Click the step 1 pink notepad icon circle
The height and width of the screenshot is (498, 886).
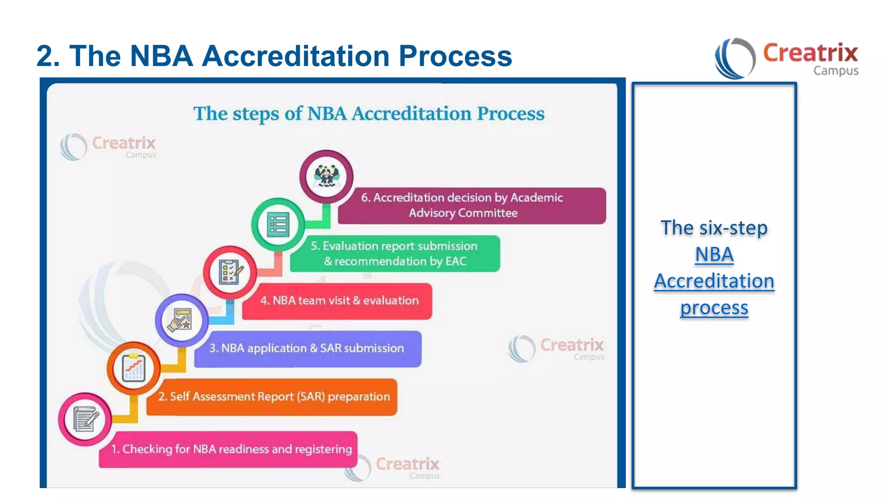coord(85,419)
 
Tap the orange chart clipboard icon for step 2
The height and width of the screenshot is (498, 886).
coord(134,368)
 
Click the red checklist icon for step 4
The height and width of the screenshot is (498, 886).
coord(230,273)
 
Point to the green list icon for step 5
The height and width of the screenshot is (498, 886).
coord(278,225)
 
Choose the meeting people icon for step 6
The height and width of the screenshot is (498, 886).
coord(327,176)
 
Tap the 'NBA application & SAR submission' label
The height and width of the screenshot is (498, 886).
coord(307,348)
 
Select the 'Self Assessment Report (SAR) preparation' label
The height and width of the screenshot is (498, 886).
coord(273,397)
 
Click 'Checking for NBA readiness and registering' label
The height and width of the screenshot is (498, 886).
coord(231,449)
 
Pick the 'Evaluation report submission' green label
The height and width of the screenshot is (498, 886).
coord(394,246)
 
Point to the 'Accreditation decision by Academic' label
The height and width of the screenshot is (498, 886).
coord(462,198)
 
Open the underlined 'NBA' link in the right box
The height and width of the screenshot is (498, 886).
coord(714,254)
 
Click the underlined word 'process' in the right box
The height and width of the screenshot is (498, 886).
coord(714,307)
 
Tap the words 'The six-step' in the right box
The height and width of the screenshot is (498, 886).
coord(714,228)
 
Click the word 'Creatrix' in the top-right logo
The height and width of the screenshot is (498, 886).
coord(810,53)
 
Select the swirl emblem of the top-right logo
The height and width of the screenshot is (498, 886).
coord(735,58)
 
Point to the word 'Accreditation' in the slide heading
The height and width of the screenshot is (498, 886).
coord(296,56)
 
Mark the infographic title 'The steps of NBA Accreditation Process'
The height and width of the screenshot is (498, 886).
coord(369,114)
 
